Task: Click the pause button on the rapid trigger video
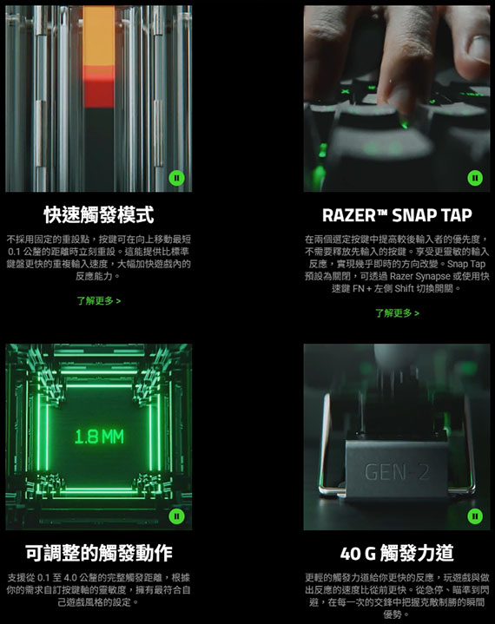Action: [176, 178]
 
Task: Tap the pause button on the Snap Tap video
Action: [475, 178]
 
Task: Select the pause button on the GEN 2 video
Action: [475, 516]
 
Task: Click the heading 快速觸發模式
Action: [99, 215]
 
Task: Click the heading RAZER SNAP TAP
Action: [397, 215]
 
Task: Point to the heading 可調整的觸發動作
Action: [99, 553]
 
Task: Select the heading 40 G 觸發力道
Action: [397, 553]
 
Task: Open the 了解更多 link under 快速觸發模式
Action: [99, 300]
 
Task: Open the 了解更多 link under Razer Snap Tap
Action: [397, 313]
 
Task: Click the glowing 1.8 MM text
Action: [99, 437]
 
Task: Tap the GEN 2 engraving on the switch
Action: [397, 472]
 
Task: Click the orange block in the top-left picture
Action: [99, 36]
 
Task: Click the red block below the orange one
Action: [99, 87]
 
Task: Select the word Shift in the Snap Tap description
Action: [404, 288]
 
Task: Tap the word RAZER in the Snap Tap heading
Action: [348, 215]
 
